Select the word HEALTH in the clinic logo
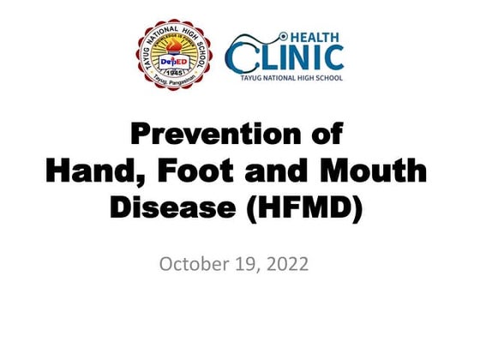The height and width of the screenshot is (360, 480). pos(315,38)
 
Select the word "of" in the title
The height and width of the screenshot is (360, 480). pos(325,135)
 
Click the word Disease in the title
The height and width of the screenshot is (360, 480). pos(171,207)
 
